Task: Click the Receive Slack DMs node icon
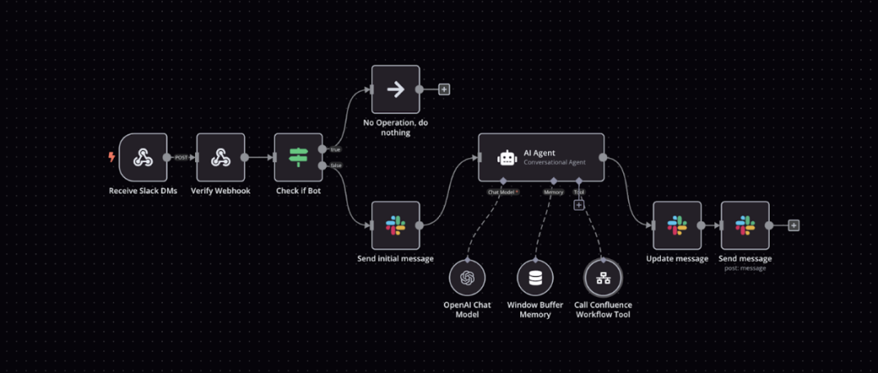[x=143, y=157]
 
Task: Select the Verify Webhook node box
[x=220, y=157]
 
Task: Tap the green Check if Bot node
[x=298, y=157]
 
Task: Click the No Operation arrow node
[x=396, y=90]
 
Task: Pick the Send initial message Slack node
[x=396, y=225]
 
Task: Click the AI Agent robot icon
[x=506, y=157]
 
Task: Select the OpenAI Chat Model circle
[x=467, y=279]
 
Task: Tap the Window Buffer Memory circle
[x=535, y=279]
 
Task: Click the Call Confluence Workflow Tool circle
[x=604, y=279]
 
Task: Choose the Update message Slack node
[x=677, y=225]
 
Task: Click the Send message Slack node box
[x=744, y=225]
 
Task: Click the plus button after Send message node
[x=794, y=225]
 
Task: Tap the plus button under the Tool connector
[x=579, y=205]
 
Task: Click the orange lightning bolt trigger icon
[x=112, y=157]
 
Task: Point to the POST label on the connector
[x=182, y=157]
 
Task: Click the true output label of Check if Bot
[x=336, y=149]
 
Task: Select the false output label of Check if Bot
[x=336, y=166]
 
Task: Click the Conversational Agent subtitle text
[x=554, y=162]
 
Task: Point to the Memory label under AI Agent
[x=553, y=192]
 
